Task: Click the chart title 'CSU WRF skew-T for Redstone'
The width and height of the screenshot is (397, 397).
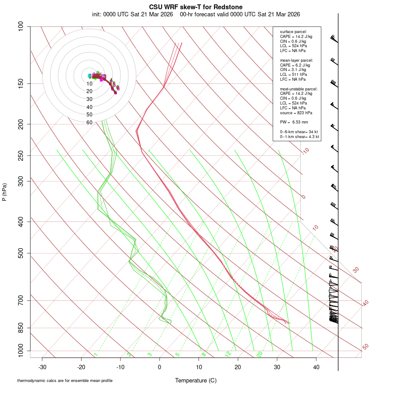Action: pos(195,7)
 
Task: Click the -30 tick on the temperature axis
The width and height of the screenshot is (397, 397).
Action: pos(42,367)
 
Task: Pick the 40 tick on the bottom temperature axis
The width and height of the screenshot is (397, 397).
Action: pos(316,367)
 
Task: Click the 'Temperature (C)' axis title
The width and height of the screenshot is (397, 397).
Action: pos(195,380)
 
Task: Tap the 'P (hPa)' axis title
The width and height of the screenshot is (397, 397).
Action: pos(4,192)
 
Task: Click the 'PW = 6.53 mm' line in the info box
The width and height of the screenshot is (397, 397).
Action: pos(294,122)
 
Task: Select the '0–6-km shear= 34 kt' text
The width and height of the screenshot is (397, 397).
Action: pos(299,132)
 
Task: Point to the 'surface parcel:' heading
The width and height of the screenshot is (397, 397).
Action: pos(293,32)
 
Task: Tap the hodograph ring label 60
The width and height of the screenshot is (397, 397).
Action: pos(90,122)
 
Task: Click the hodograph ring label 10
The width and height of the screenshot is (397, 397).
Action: pos(90,84)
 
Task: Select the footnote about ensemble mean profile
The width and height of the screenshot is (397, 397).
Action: pos(65,380)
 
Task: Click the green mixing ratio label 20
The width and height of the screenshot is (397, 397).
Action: pos(260,354)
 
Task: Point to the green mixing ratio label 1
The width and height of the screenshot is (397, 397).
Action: pos(96,355)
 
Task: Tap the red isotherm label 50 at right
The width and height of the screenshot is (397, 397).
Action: pos(365,347)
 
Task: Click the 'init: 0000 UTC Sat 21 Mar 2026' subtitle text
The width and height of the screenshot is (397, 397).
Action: pos(132,14)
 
